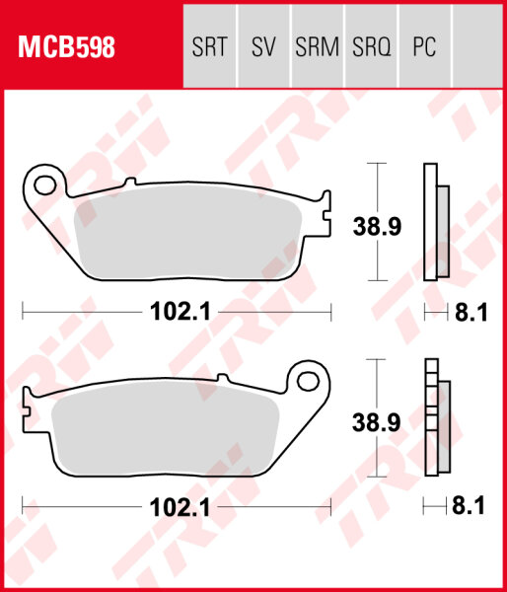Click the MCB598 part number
click(x=64, y=46)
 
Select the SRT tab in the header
click(x=210, y=46)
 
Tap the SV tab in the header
click(x=263, y=46)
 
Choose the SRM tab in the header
click(x=317, y=46)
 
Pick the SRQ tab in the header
click(x=371, y=46)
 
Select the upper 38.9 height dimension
click(x=377, y=227)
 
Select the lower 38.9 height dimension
click(x=377, y=424)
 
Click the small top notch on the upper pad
click(x=129, y=182)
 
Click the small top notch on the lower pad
click(x=224, y=380)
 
